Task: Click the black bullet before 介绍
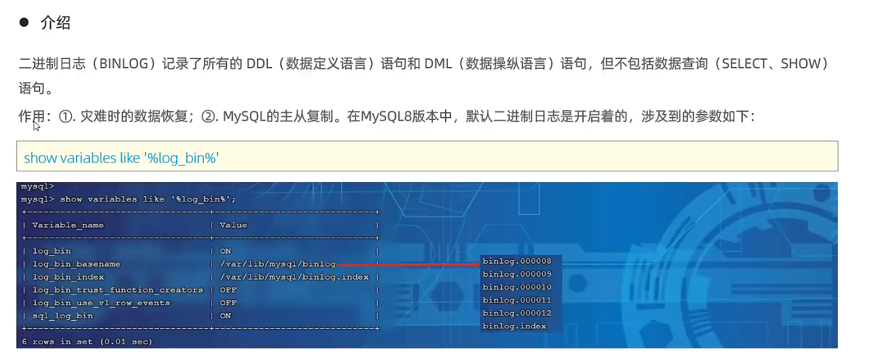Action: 24,23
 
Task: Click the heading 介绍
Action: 55,23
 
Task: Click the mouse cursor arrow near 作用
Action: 36,125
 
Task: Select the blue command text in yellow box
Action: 121,158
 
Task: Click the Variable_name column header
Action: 68,225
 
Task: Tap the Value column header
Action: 233,225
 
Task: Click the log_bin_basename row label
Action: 76,264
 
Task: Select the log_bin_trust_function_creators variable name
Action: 118,290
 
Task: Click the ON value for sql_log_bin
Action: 226,316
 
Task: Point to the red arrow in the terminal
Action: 408,265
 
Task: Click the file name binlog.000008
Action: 517,261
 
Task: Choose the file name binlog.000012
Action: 517,313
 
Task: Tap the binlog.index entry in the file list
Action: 514,326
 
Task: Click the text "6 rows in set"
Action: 57,342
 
